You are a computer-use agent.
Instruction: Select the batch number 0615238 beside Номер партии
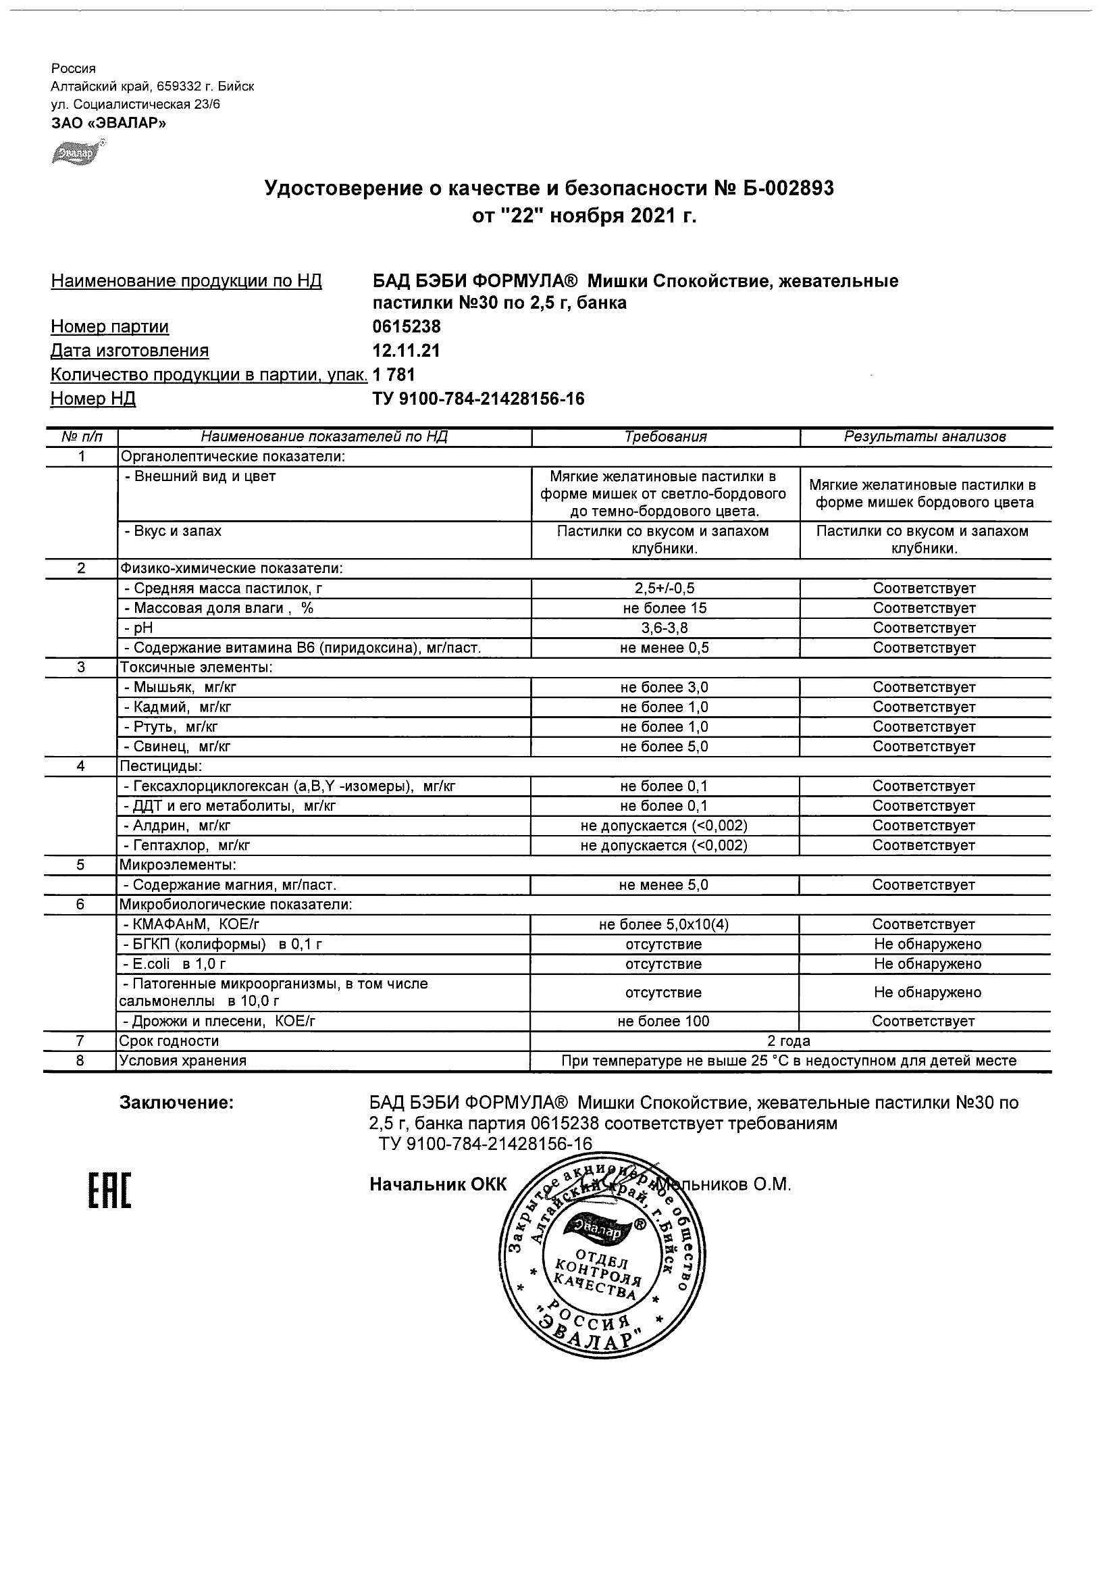(x=406, y=326)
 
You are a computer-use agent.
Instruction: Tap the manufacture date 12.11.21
(x=406, y=351)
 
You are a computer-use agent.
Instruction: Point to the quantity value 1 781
(x=394, y=374)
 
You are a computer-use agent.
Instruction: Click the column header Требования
(x=665, y=436)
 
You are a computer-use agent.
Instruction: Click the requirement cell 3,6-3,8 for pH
(x=663, y=628)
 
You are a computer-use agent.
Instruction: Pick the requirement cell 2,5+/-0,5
(x=663, y=588)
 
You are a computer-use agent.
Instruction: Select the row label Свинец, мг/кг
(x=176, y=747)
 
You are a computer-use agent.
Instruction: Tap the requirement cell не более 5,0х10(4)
(x=663, y=924)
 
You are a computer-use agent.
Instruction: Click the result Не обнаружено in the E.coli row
(x=927, y=964)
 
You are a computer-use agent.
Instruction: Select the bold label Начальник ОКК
(x=438, y=1184)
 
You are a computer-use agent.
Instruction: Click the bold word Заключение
(x=177, y=1103)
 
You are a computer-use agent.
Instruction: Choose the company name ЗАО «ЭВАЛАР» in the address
(x=109, y=122)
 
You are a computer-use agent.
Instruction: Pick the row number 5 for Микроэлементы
(x=80, y=865)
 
